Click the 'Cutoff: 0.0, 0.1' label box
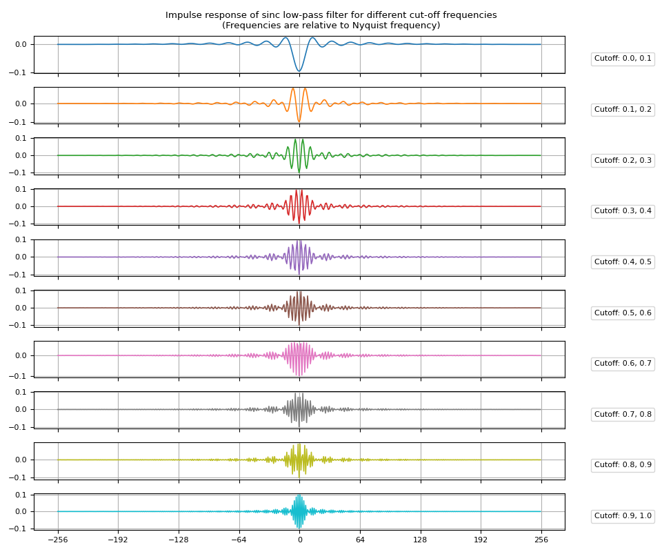(623, 59)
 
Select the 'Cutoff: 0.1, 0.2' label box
(623, 110)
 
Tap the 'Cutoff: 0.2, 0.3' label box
(623, 160)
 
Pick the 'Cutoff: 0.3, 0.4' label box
(623, 211)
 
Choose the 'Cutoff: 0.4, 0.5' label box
(623, 262)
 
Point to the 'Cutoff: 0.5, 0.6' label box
(623, 313)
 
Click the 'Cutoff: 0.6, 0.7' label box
(623, 364)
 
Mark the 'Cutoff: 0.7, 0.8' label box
(623, 414)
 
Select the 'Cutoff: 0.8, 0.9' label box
(623, 465)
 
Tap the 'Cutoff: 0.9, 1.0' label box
(623, 516)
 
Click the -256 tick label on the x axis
(57, 540)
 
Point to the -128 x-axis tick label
(178, 540)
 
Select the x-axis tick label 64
(360, 540)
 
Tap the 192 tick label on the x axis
(481, 540)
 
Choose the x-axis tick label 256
(541, 540)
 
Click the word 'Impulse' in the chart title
(181, 15)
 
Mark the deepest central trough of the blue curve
(299, 70)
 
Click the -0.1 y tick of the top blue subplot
(19, 72)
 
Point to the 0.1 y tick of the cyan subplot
(21, 495)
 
